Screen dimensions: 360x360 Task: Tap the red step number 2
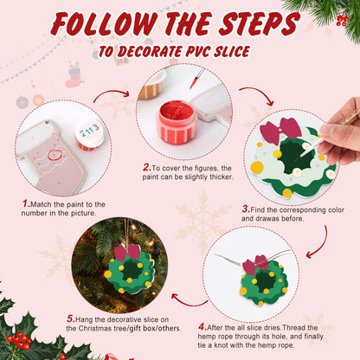[x=147, y=168]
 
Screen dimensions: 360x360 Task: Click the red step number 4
[x=202, y=328]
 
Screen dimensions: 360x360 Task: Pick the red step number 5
[x=70, y=318]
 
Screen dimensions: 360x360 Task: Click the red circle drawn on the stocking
[x=56, y=155]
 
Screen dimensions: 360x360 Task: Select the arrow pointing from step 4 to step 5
[x=184, y=299]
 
